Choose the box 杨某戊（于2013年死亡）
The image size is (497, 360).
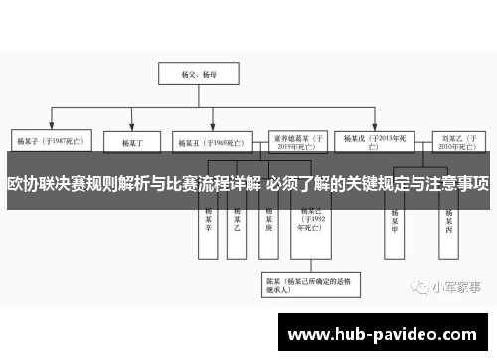373,141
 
